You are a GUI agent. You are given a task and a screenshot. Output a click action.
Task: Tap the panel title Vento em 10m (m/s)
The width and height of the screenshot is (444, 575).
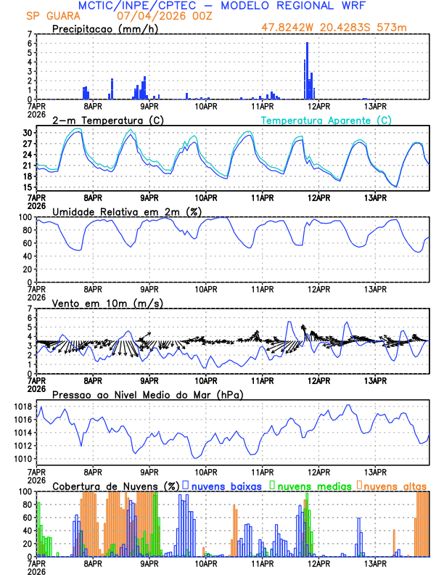(107, 303)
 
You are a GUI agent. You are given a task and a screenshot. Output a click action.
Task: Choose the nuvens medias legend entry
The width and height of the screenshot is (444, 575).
(312, 485)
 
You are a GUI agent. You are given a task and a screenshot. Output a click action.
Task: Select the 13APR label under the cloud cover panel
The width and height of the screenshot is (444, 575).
(375, 563)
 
